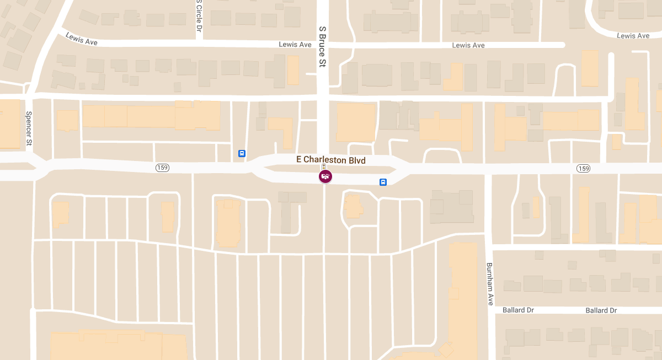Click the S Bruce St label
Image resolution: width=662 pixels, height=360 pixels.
tap(323, 46)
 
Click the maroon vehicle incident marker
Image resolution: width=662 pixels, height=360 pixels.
tap(325, 176)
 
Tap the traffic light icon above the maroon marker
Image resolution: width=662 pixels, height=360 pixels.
tap(324, 166)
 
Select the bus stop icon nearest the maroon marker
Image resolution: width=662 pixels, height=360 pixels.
tap(383, 182)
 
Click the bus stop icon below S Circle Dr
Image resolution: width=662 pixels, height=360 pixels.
tap(242, 153)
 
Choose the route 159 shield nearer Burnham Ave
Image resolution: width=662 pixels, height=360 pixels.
tap(584, 168)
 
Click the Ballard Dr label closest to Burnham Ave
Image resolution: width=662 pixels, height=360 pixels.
tap(518, 310)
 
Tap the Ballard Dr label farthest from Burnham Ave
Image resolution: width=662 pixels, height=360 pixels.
tap(601, 310)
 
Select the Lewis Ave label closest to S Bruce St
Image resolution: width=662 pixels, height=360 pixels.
tap(295, 45)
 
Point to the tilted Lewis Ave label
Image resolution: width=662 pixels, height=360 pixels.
tap(81, 39)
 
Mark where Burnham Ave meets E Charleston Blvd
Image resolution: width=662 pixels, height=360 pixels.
tap(488, 169)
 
